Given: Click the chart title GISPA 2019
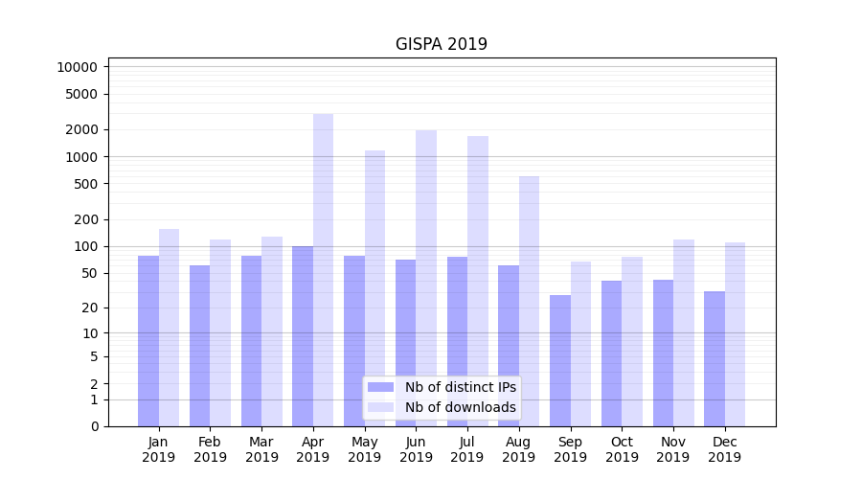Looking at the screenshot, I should pos(442,44).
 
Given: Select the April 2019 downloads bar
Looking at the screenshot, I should pos(324,269).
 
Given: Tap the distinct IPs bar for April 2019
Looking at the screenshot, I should pos(303,335).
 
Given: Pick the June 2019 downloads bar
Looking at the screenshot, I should pos(426,278).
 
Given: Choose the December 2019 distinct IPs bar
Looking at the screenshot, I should pos(715,358).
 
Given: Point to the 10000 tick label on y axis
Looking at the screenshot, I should pos(77,67).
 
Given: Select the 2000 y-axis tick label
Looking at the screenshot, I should pos(83,129).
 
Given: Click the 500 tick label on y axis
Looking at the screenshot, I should pos(86,184).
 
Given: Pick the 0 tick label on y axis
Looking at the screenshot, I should pos(95,426).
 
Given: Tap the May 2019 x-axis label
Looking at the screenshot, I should pos(365,449).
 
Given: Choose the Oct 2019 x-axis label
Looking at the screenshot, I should pos(622,449).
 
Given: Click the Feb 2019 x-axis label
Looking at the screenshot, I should pos(211,449).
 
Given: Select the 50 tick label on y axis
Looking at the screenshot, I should pos(90,273).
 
